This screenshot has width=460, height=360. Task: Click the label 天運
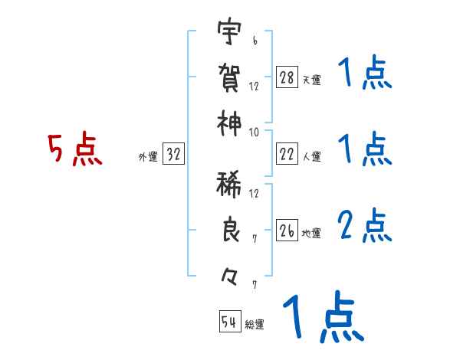(x=311, y=80)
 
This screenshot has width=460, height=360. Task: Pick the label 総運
(x=255, y=325)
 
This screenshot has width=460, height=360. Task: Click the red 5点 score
(x=74, y=150)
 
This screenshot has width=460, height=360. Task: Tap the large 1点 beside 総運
(x=322, y=318)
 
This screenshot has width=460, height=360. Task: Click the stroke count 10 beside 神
(x=254, y=131)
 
